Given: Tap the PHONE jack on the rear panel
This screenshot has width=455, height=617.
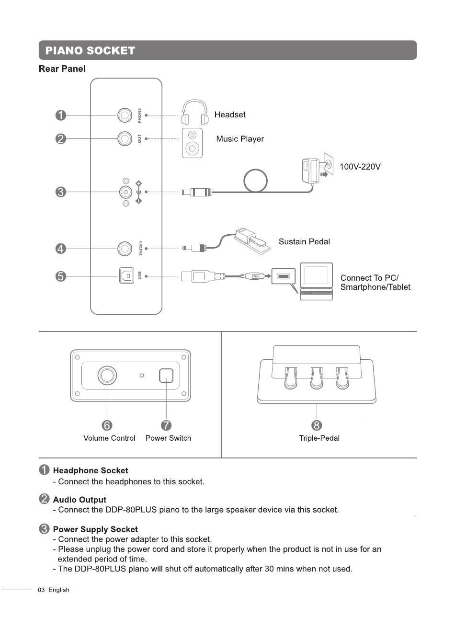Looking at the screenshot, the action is pos(125,115).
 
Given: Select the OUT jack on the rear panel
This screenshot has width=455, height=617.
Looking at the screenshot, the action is pos(125,138).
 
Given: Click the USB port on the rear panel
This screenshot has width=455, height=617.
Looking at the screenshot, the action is pos(127,275).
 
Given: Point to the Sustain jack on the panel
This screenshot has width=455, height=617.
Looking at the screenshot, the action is pos(125,249).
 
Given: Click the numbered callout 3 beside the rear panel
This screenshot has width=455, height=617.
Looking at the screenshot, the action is pos(61,192).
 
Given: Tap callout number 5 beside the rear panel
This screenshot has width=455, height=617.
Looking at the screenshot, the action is pos(61,276).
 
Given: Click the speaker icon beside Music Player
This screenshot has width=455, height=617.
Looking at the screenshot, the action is pos(192,143).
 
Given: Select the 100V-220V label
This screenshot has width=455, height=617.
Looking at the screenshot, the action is pos(360,167).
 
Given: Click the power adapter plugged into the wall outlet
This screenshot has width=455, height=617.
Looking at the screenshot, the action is pos(311,170).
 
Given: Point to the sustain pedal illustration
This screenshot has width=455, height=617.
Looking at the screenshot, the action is pos(252,240).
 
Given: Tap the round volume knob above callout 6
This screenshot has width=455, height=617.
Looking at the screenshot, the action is pos(107,375).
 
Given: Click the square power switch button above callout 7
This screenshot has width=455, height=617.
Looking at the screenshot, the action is pos(166,376).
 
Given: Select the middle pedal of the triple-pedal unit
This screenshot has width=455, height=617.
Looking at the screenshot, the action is pos(317,378).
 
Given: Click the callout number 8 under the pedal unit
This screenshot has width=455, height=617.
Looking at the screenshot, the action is pos(317,425).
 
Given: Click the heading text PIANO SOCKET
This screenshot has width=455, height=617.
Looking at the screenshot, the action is pos(91,50).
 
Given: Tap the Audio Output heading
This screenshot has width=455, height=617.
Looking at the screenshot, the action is pos(80,500).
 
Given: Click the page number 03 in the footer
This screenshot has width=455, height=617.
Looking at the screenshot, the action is pos(41,590).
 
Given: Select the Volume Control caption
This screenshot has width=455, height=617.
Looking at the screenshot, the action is pos(109,438).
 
